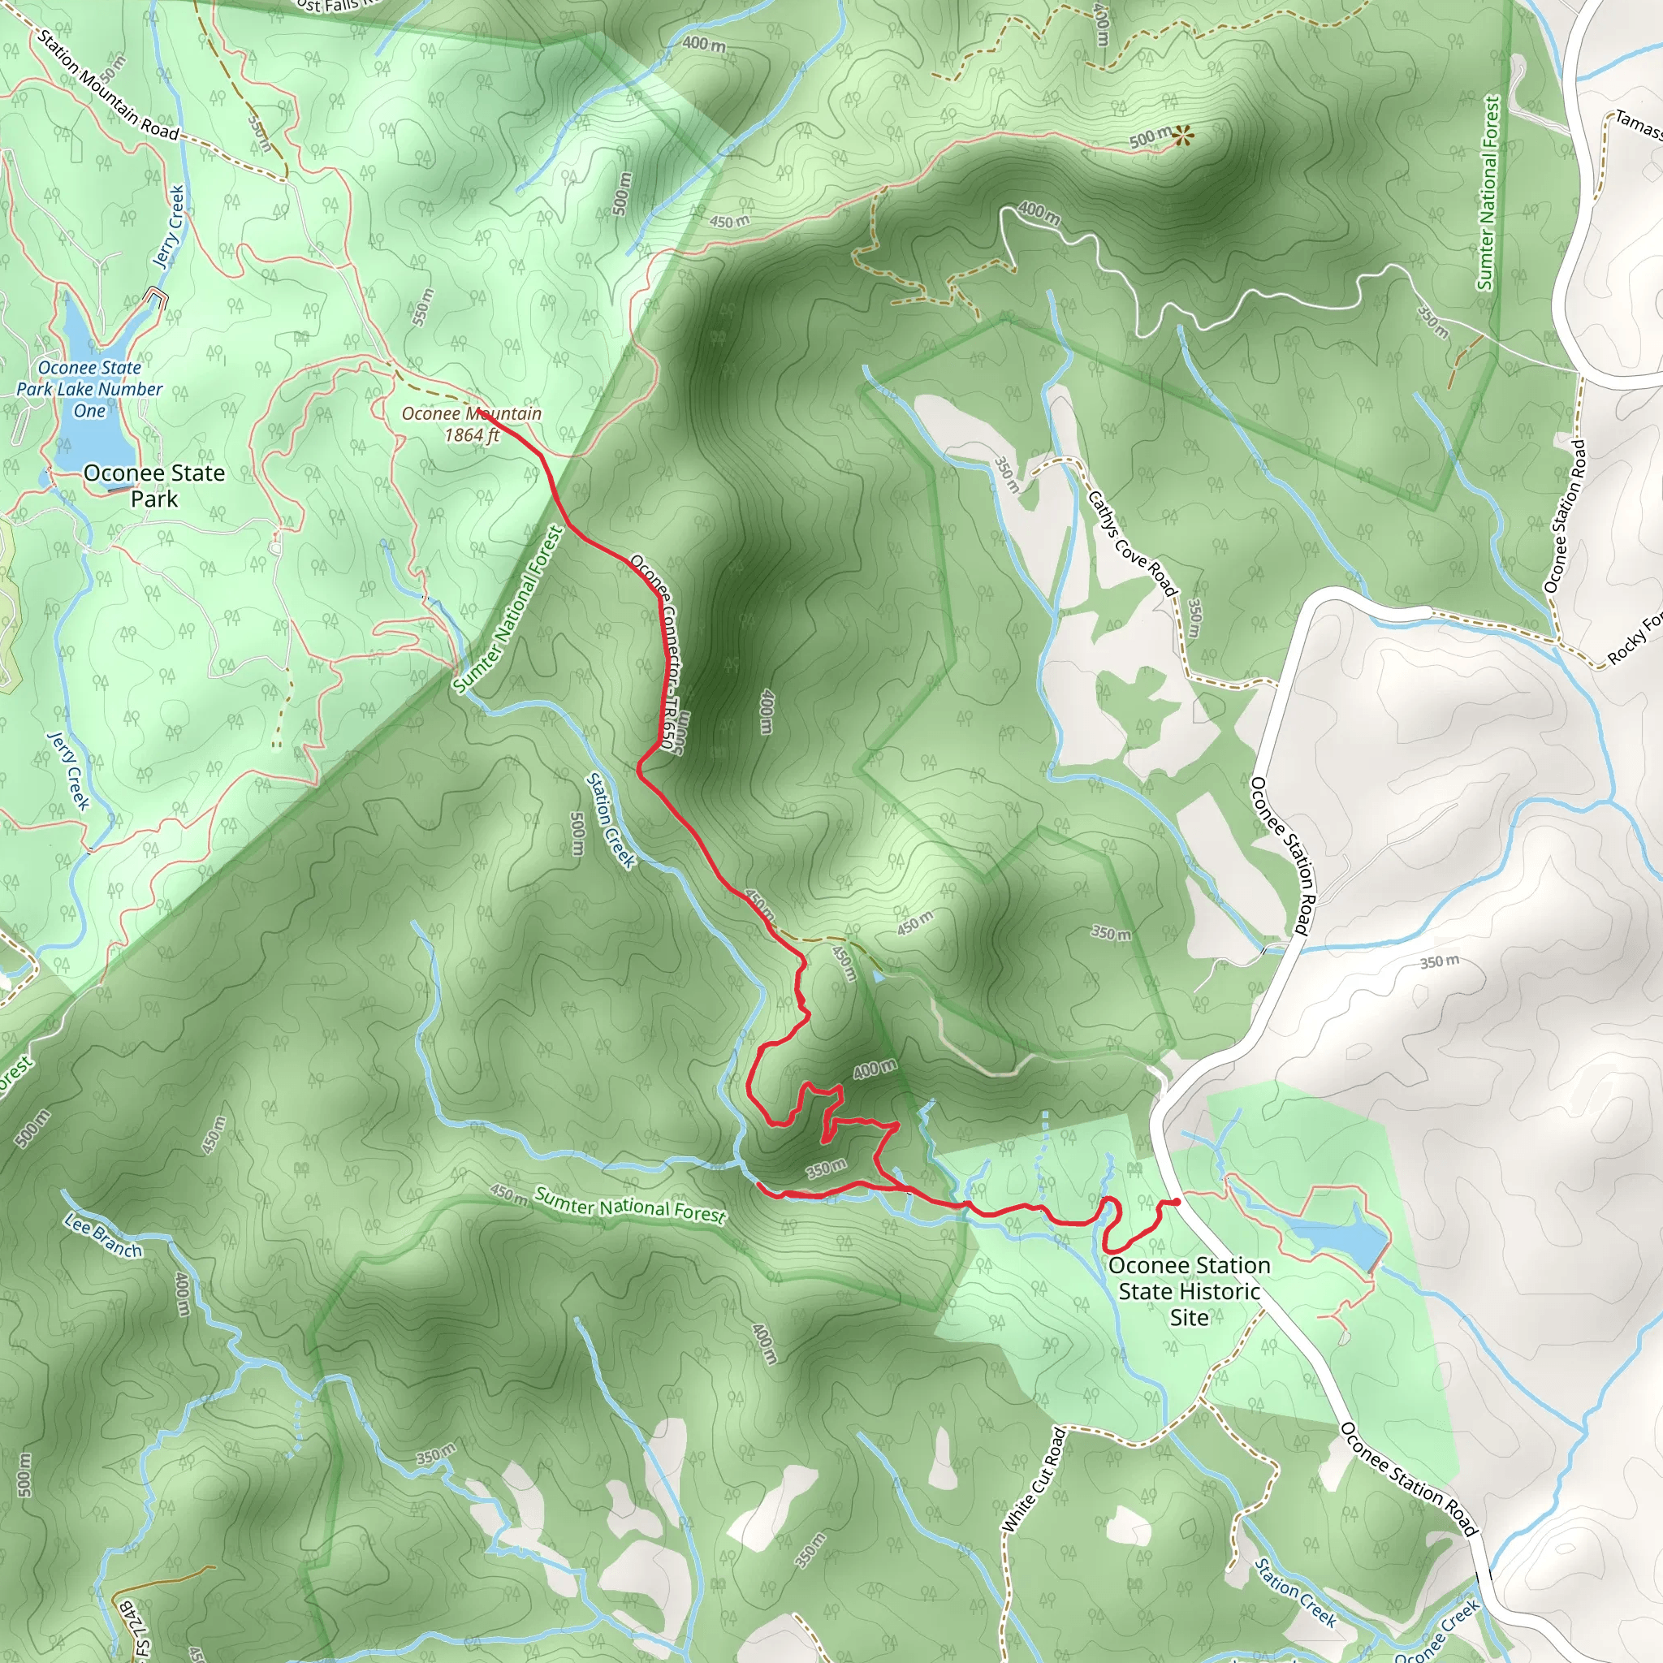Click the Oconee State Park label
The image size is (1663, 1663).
[x=154, y=486]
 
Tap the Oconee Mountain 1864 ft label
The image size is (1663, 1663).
[x=472, y=425]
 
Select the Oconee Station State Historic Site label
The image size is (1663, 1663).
[x=1189, y=1291]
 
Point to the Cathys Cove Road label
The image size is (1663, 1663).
[x=1131, y=543]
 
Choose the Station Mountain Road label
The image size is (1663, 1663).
[x=108, y=83]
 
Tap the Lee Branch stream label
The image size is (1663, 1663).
[x=103, y=1235]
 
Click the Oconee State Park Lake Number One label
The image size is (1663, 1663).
[x=89, y=389]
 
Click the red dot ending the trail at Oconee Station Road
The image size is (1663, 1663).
[x=1176, y=1202]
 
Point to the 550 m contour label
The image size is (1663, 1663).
[x=421, y=307]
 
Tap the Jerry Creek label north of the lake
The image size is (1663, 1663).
[x=169, y=227]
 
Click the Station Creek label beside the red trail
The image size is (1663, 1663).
[x=610, y=820]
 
